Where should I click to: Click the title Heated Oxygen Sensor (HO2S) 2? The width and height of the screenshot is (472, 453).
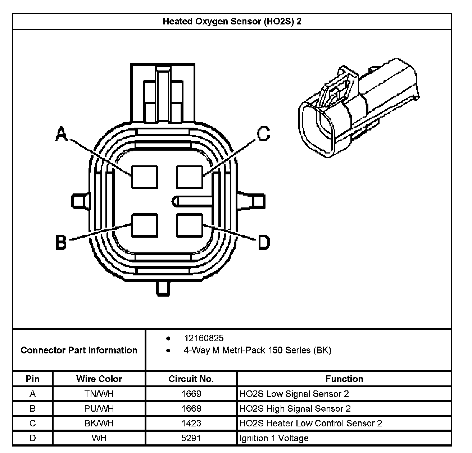pos(232,21)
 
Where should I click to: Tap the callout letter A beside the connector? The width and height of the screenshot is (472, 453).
pos(62,134)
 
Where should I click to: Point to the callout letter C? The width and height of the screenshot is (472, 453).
pos(263,134)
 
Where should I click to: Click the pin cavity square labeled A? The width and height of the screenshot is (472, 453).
pos(144,177)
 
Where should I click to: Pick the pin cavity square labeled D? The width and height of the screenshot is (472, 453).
pos(190,225)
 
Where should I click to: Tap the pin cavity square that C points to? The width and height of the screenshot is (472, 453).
pos(190,177)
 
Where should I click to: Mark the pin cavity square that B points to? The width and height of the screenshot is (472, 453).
pos(144,225)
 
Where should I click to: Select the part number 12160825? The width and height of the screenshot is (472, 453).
pos(204,338)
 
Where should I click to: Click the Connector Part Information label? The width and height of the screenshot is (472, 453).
pos(79,350)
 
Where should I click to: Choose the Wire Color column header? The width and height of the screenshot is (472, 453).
pos(99,379)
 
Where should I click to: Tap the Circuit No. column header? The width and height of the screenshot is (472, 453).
pos(191,379)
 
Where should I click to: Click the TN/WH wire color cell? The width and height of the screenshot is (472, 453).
pos(99,394)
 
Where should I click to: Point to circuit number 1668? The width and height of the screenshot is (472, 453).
pos(191,408)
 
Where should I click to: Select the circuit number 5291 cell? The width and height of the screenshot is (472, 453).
pos(191,438)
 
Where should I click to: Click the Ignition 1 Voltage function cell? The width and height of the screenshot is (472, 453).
pos(274,438)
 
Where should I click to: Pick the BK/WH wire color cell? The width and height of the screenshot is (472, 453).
pos(99,423)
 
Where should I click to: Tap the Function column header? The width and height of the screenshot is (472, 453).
pos(344,379)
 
